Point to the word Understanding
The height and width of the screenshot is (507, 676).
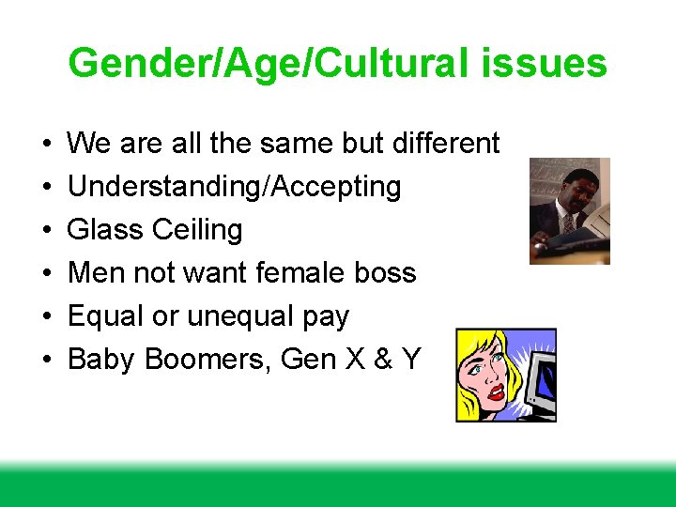[x=165, y=187]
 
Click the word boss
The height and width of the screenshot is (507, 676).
[x=386, y=273]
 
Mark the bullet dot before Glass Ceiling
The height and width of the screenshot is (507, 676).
[x=46, y=231]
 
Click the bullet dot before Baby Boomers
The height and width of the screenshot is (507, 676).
[x=46, y=361]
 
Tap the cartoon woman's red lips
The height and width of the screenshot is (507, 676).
[x=495, y=391]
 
